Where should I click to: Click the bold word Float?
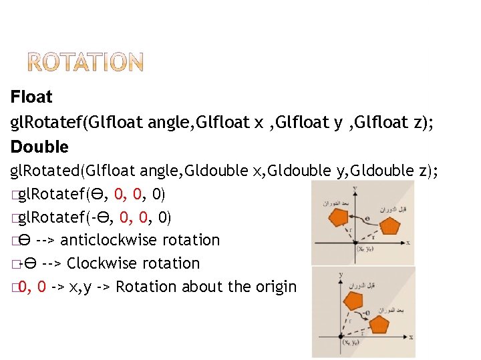pos(31,97)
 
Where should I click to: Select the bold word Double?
pos(39,147)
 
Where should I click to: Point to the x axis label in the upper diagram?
pos(408,243)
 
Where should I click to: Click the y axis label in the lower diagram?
pos(341,274)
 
